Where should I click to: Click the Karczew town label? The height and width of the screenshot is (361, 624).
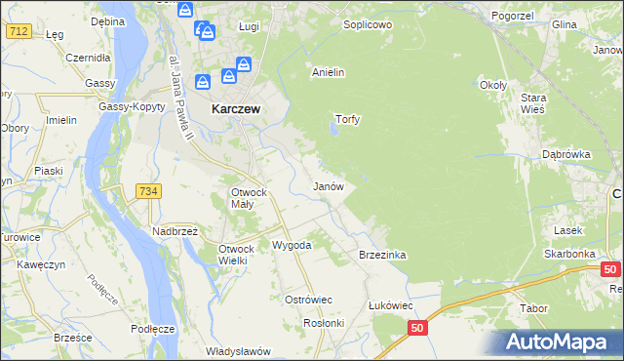(x=235, y=110)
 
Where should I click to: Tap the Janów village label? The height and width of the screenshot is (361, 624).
(x=328, y=185)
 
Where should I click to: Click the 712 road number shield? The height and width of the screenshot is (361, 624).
(x=17, y=32)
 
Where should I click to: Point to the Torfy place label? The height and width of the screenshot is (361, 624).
(x=348, y=120)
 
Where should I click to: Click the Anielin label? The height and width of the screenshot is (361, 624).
(x=329, y=72)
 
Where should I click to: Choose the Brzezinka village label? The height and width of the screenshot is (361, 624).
(x=382, y=255)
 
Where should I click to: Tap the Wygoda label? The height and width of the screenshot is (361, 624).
(x=292, y=245)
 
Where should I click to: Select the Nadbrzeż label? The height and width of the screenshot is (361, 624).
(x=175, y=231)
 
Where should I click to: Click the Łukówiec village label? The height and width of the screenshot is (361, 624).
(x=393, y=305)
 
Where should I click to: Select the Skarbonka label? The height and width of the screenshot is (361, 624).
(x=570, y=254)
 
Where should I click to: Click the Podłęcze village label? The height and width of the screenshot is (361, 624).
(x=152, y=329)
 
